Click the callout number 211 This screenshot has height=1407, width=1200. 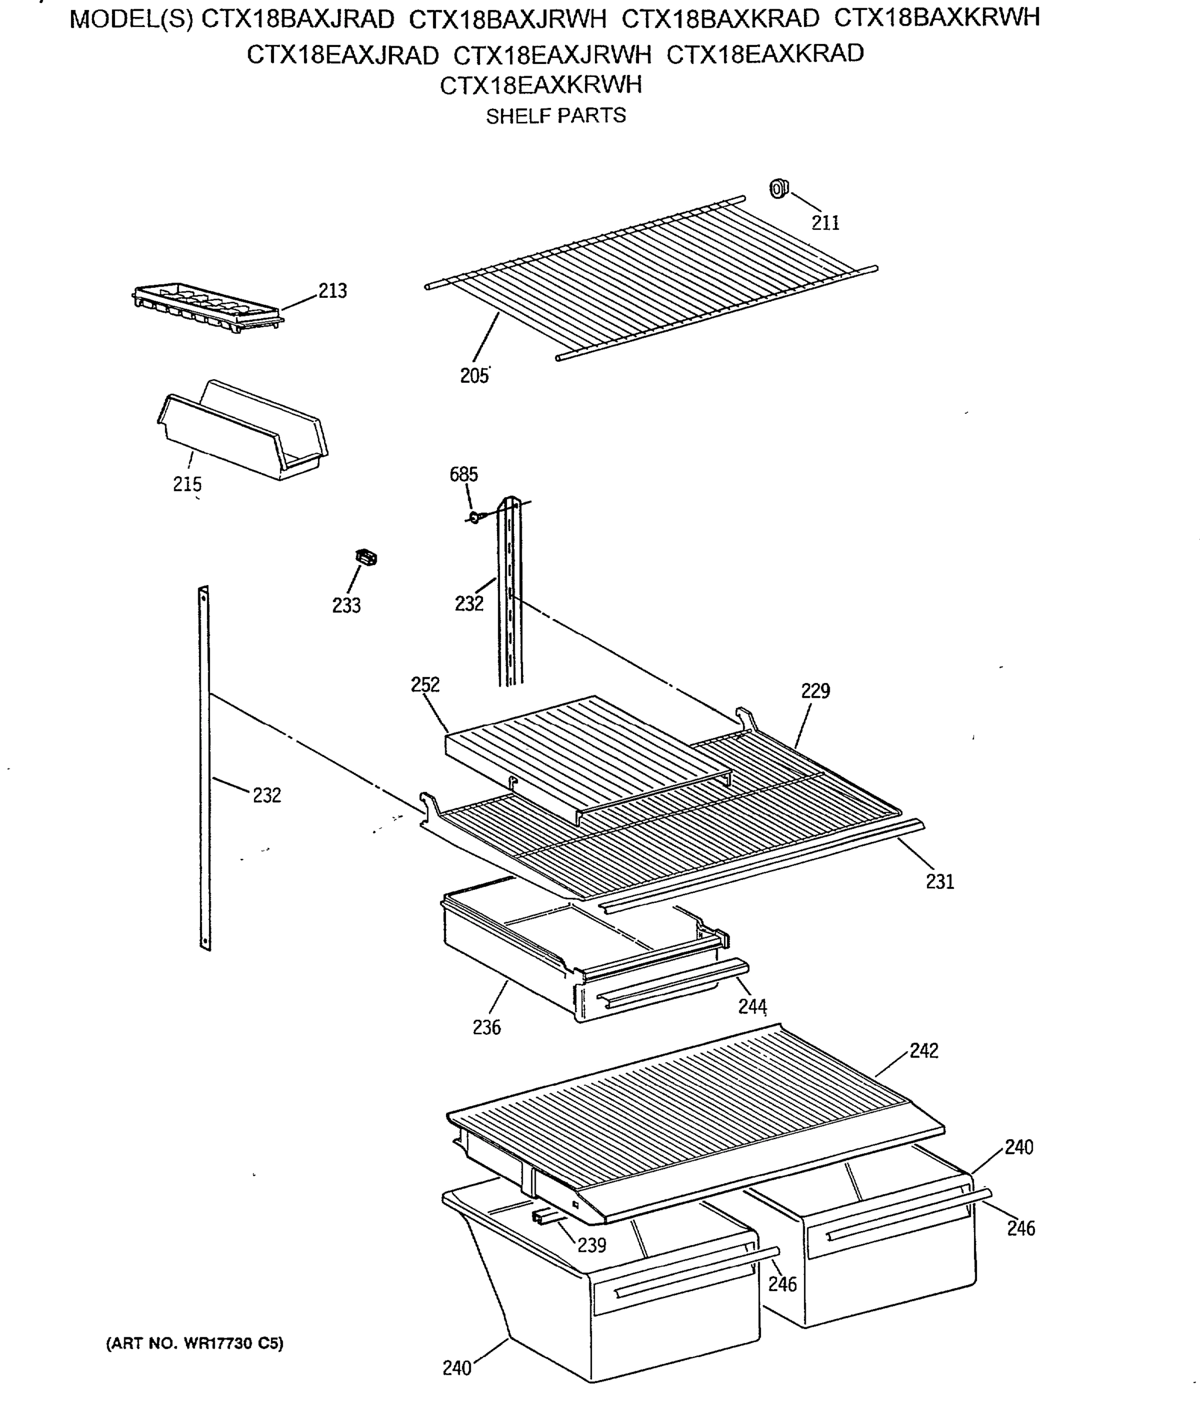click(825, 223)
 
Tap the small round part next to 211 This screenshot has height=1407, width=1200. click(778, 188)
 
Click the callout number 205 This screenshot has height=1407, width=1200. click(474, 376)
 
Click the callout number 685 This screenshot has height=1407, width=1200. click(464, 475)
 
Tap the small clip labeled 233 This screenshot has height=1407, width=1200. click(366, 558)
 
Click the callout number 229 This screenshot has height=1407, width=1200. click(814, 691)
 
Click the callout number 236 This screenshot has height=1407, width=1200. click(486, 1028)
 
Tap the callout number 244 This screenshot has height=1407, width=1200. click(752, 1007)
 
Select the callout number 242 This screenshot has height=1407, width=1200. click(924, 1051)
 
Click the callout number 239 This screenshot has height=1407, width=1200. click(591, 1245)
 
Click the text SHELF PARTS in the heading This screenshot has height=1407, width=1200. click(555, 116)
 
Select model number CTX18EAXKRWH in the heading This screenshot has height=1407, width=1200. click(540, 86)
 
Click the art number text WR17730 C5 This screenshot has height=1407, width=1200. click(194, 1343)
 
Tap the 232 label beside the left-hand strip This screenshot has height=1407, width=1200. click(266, 795)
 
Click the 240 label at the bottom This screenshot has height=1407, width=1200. click(457, 1368)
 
